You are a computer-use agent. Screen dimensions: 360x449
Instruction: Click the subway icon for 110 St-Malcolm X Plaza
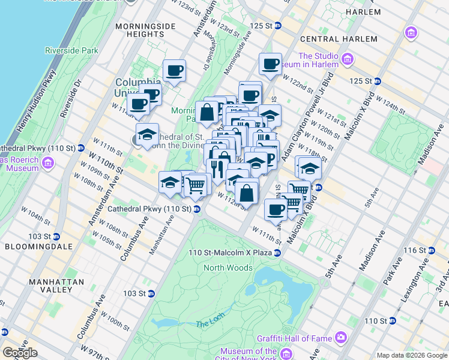click(277, 253)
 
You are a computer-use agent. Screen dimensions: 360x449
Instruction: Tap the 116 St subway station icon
click(431, 250)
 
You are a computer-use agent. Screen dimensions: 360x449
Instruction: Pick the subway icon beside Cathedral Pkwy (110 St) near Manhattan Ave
click(197, 209)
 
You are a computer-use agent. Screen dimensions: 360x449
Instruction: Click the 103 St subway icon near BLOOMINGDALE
click(56, 236)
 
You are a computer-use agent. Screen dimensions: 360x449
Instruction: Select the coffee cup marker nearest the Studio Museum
click(271, 63)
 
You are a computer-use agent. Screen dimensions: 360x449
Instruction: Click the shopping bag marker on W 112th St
click(247, 193)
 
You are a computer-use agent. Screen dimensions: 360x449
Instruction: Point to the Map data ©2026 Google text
click(411, 355)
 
